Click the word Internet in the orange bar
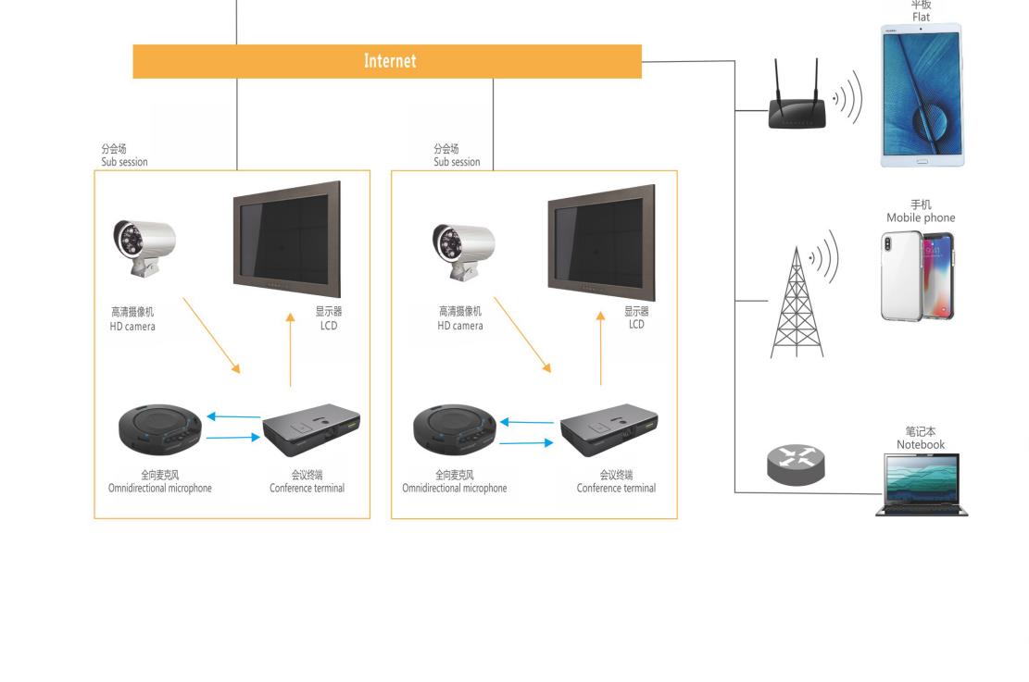point(390,61)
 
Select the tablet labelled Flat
point(922,95)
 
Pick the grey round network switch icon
point(796,463)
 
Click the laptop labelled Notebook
point(922,485)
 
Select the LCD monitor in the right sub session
point(601,242)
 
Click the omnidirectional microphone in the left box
point(159,430)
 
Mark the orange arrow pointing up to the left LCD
point(291,353)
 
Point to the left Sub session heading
point(124,155)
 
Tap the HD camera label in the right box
point(460,319)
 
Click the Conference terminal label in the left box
point(307,482)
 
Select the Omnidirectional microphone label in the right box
point(454,482)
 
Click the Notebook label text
point(920,439)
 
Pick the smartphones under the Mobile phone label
point(917,275)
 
